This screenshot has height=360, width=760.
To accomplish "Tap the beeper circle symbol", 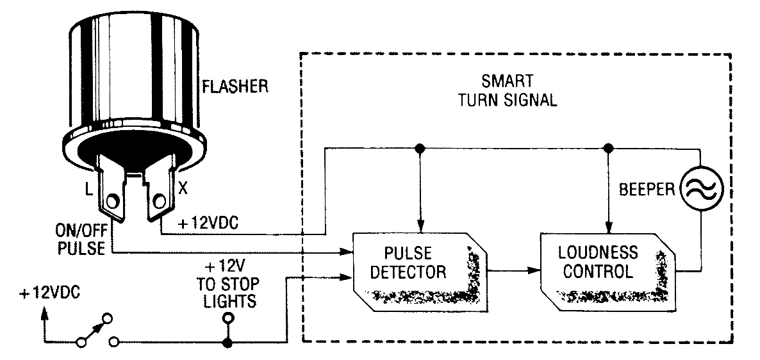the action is click(701, 188).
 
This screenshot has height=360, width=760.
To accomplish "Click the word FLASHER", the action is click(235, 86).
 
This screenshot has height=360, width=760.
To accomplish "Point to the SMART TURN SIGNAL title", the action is click(508, 90).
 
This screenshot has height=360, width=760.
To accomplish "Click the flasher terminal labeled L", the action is click(112, 188).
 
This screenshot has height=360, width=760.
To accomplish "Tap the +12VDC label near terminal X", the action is click(207, 224).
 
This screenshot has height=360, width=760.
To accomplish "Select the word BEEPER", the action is click(647, 190).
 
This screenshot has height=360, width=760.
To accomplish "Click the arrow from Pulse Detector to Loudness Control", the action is click(513, 270).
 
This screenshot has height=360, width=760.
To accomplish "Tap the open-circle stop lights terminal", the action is click(227, 318).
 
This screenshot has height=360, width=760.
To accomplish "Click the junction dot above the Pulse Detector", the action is click(420, 148).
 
